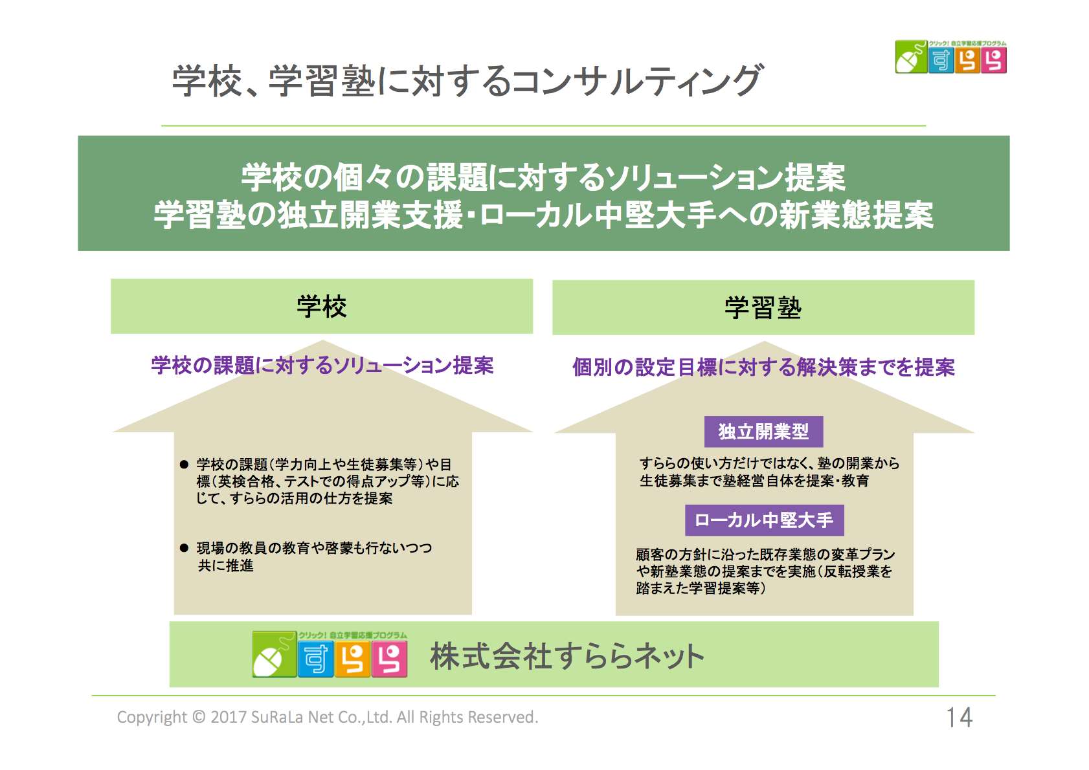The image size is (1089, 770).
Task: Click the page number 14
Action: click(x=959, y=717)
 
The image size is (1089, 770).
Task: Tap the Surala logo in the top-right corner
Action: click(x=950, y=58)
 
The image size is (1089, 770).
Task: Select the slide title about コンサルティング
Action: click(x=467, y=81)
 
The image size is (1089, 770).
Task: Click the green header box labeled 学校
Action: click(x=322, y=306)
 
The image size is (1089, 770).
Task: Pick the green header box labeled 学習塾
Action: click(x=763, y=307)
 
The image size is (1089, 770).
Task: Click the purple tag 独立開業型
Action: click(x=763, y=432)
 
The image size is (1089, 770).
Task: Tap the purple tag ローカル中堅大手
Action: click(x=764, y=520)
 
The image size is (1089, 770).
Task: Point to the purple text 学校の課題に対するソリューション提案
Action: click(x=322, y=366)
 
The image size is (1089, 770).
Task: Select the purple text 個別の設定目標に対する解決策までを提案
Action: click(x=763, y=368)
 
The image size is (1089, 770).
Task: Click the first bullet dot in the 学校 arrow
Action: click(x=184, y=465)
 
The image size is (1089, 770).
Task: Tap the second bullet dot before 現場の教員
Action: click(x=184, y=548)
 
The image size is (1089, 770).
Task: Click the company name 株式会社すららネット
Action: click(x=567, y=656)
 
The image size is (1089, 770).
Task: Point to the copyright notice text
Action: click(x=327, y=717)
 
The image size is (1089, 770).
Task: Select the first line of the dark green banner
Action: click(x=543, y=177)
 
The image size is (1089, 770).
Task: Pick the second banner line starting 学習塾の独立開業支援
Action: click(x=543, y=215)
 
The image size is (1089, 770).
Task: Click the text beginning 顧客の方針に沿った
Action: click(x=765, y=571)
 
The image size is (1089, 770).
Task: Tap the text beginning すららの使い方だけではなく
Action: click(x=769, y=472)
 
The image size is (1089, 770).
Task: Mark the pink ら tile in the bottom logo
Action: click(x=390, y=659)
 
